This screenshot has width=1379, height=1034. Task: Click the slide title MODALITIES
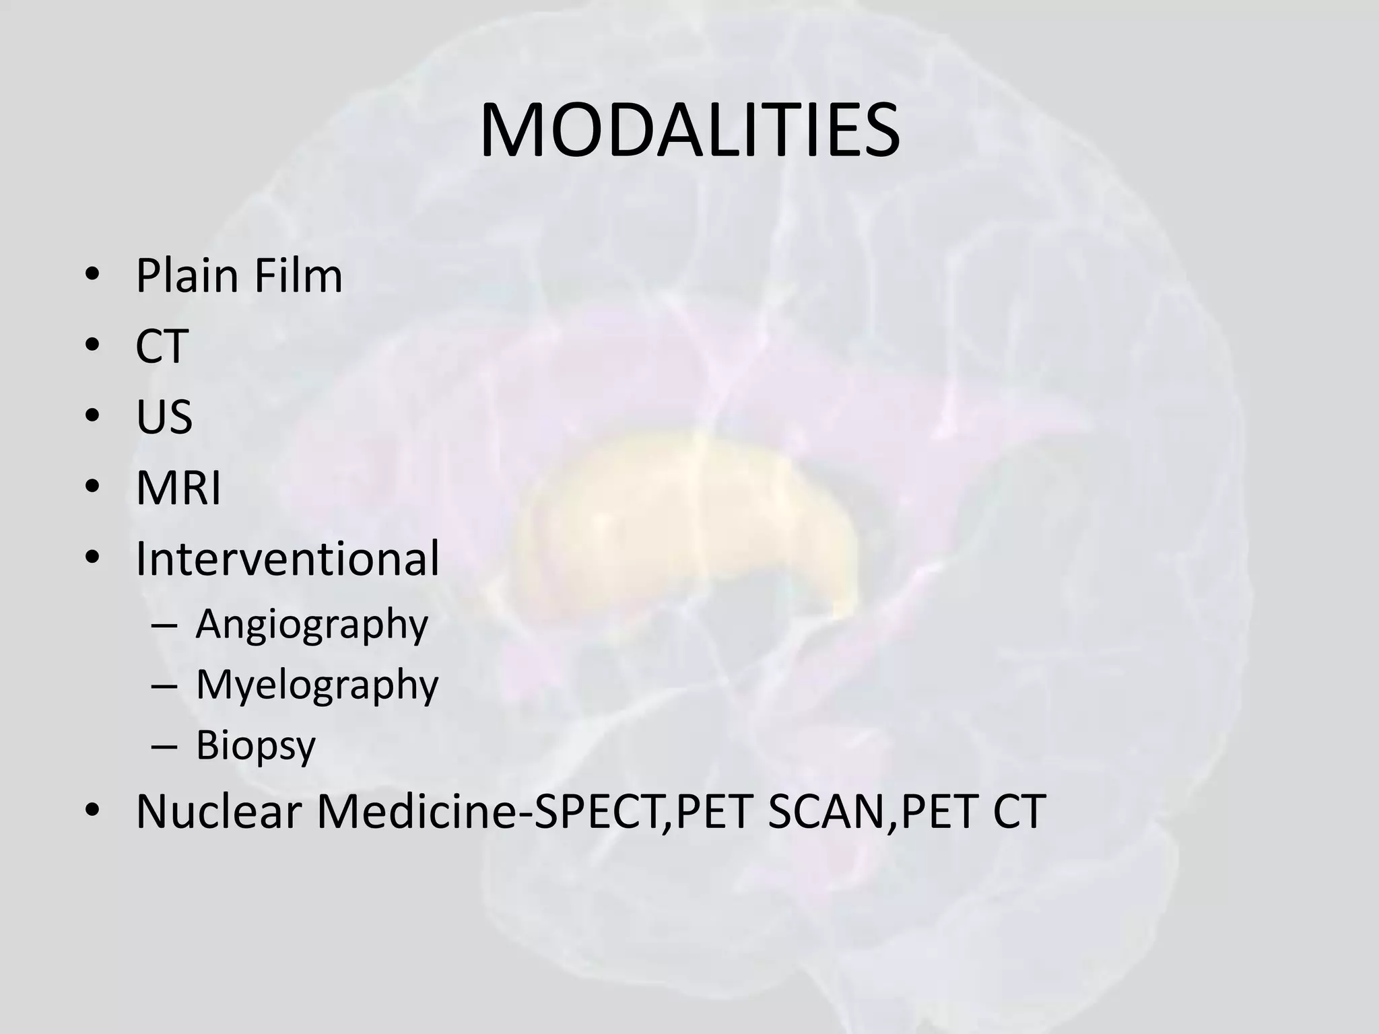pos(689,131)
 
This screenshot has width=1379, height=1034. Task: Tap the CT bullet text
pos(162,347)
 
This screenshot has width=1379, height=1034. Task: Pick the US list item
pos(164,417)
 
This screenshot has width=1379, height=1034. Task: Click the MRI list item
pos(178,488)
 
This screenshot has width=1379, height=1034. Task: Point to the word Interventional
pos(288,559)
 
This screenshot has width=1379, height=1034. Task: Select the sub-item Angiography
pos(312,625)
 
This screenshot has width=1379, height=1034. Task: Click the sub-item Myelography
pos(317,685)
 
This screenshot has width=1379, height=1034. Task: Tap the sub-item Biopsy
pos(256,746)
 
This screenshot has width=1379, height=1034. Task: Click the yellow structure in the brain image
pos(687,518)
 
